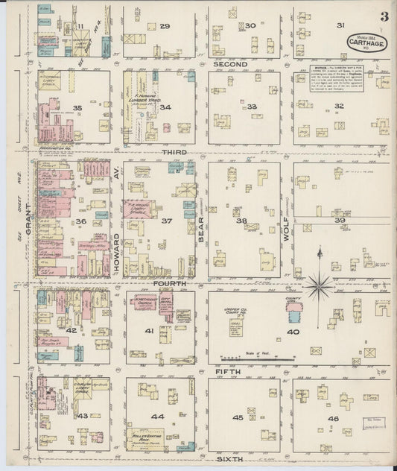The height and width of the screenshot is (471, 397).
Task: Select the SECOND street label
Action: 229,64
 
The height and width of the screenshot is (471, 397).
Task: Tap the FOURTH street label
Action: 164,283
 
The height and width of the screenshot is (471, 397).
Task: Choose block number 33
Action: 253,107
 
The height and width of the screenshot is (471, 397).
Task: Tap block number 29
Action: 165,26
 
